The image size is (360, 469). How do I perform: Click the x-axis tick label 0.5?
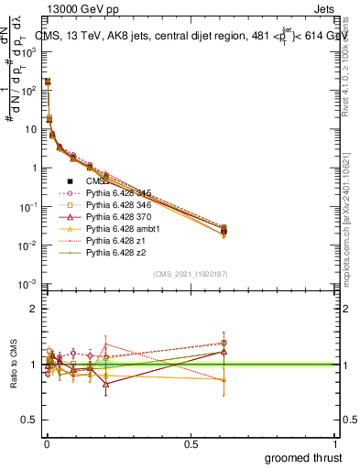[191, 443]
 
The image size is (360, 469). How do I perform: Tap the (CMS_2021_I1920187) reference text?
[190, 274]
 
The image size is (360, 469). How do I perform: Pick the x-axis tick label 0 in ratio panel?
[47, 443]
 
